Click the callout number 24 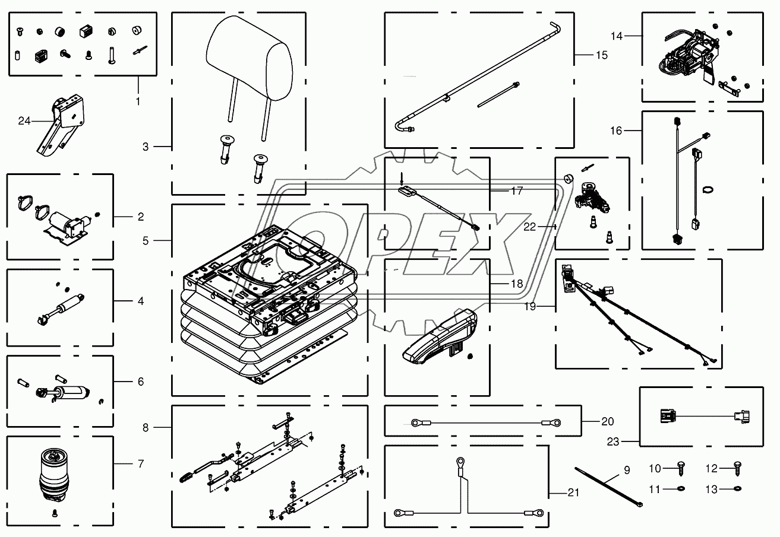tap(24, 122)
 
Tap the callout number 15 tap(601, 55)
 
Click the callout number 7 tap(141, 463)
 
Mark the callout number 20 tap(607, 422)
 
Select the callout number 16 tap(616, 130)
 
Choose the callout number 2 tap(141, 217)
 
